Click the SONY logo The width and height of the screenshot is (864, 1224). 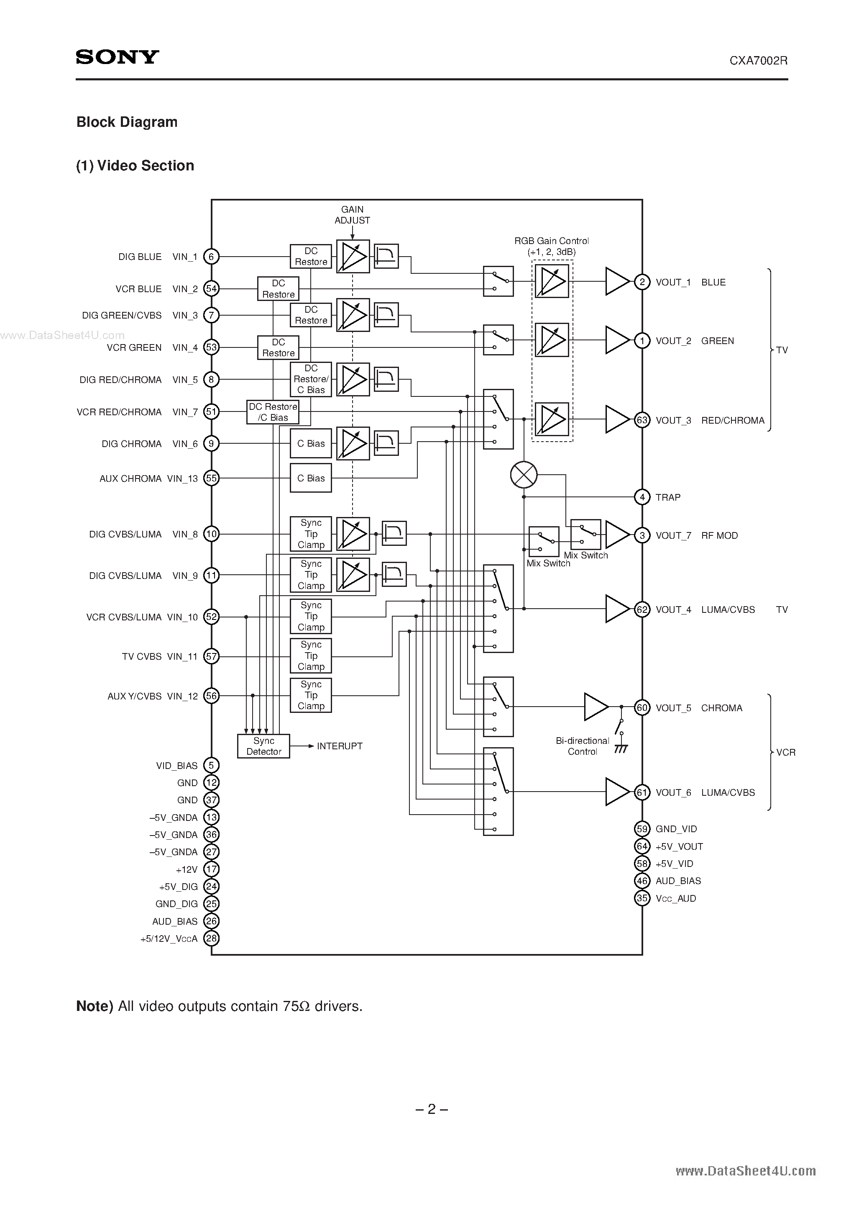tap(117, 57)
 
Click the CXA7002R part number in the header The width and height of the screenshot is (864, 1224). tap(758, 61)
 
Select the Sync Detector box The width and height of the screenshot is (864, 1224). tap(263, 746)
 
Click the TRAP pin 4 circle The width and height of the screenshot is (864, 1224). tap(642, 497)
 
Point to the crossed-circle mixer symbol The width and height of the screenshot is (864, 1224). tap(524, 474)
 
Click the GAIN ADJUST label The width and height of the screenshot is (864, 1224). tap(352, 215)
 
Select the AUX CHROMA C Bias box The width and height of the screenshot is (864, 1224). tap(311, 478)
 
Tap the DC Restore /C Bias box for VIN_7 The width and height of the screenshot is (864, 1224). tap(273, 412)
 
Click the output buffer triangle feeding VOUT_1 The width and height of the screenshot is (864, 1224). tap(616, 281)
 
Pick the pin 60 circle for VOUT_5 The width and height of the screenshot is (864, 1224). tap(642, 707)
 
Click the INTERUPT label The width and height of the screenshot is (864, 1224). tap(339, 746)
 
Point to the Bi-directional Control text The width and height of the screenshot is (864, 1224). tap(582, 746)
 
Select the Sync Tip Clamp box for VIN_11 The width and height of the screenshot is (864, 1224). tap(311, 656)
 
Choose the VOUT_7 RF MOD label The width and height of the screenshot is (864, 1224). tap(696, 535)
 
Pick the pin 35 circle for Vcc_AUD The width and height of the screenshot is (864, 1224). tap(642, 898)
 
